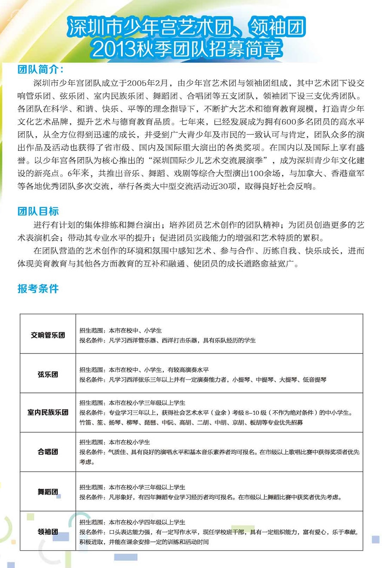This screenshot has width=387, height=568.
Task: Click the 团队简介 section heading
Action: point(40,70)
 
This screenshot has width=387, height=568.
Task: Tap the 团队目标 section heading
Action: point(38,211)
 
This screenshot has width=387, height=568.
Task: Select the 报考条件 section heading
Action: point(38,289)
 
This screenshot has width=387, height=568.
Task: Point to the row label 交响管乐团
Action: point(48,335)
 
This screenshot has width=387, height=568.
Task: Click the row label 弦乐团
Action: point(48,375)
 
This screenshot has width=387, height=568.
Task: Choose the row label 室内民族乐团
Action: point(48,412)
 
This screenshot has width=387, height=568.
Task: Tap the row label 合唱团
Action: point(48,452)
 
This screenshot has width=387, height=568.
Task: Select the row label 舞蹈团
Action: point(48,491)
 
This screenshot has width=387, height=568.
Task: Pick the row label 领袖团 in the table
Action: point(48,532)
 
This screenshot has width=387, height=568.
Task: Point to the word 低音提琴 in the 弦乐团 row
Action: point(314,380)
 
